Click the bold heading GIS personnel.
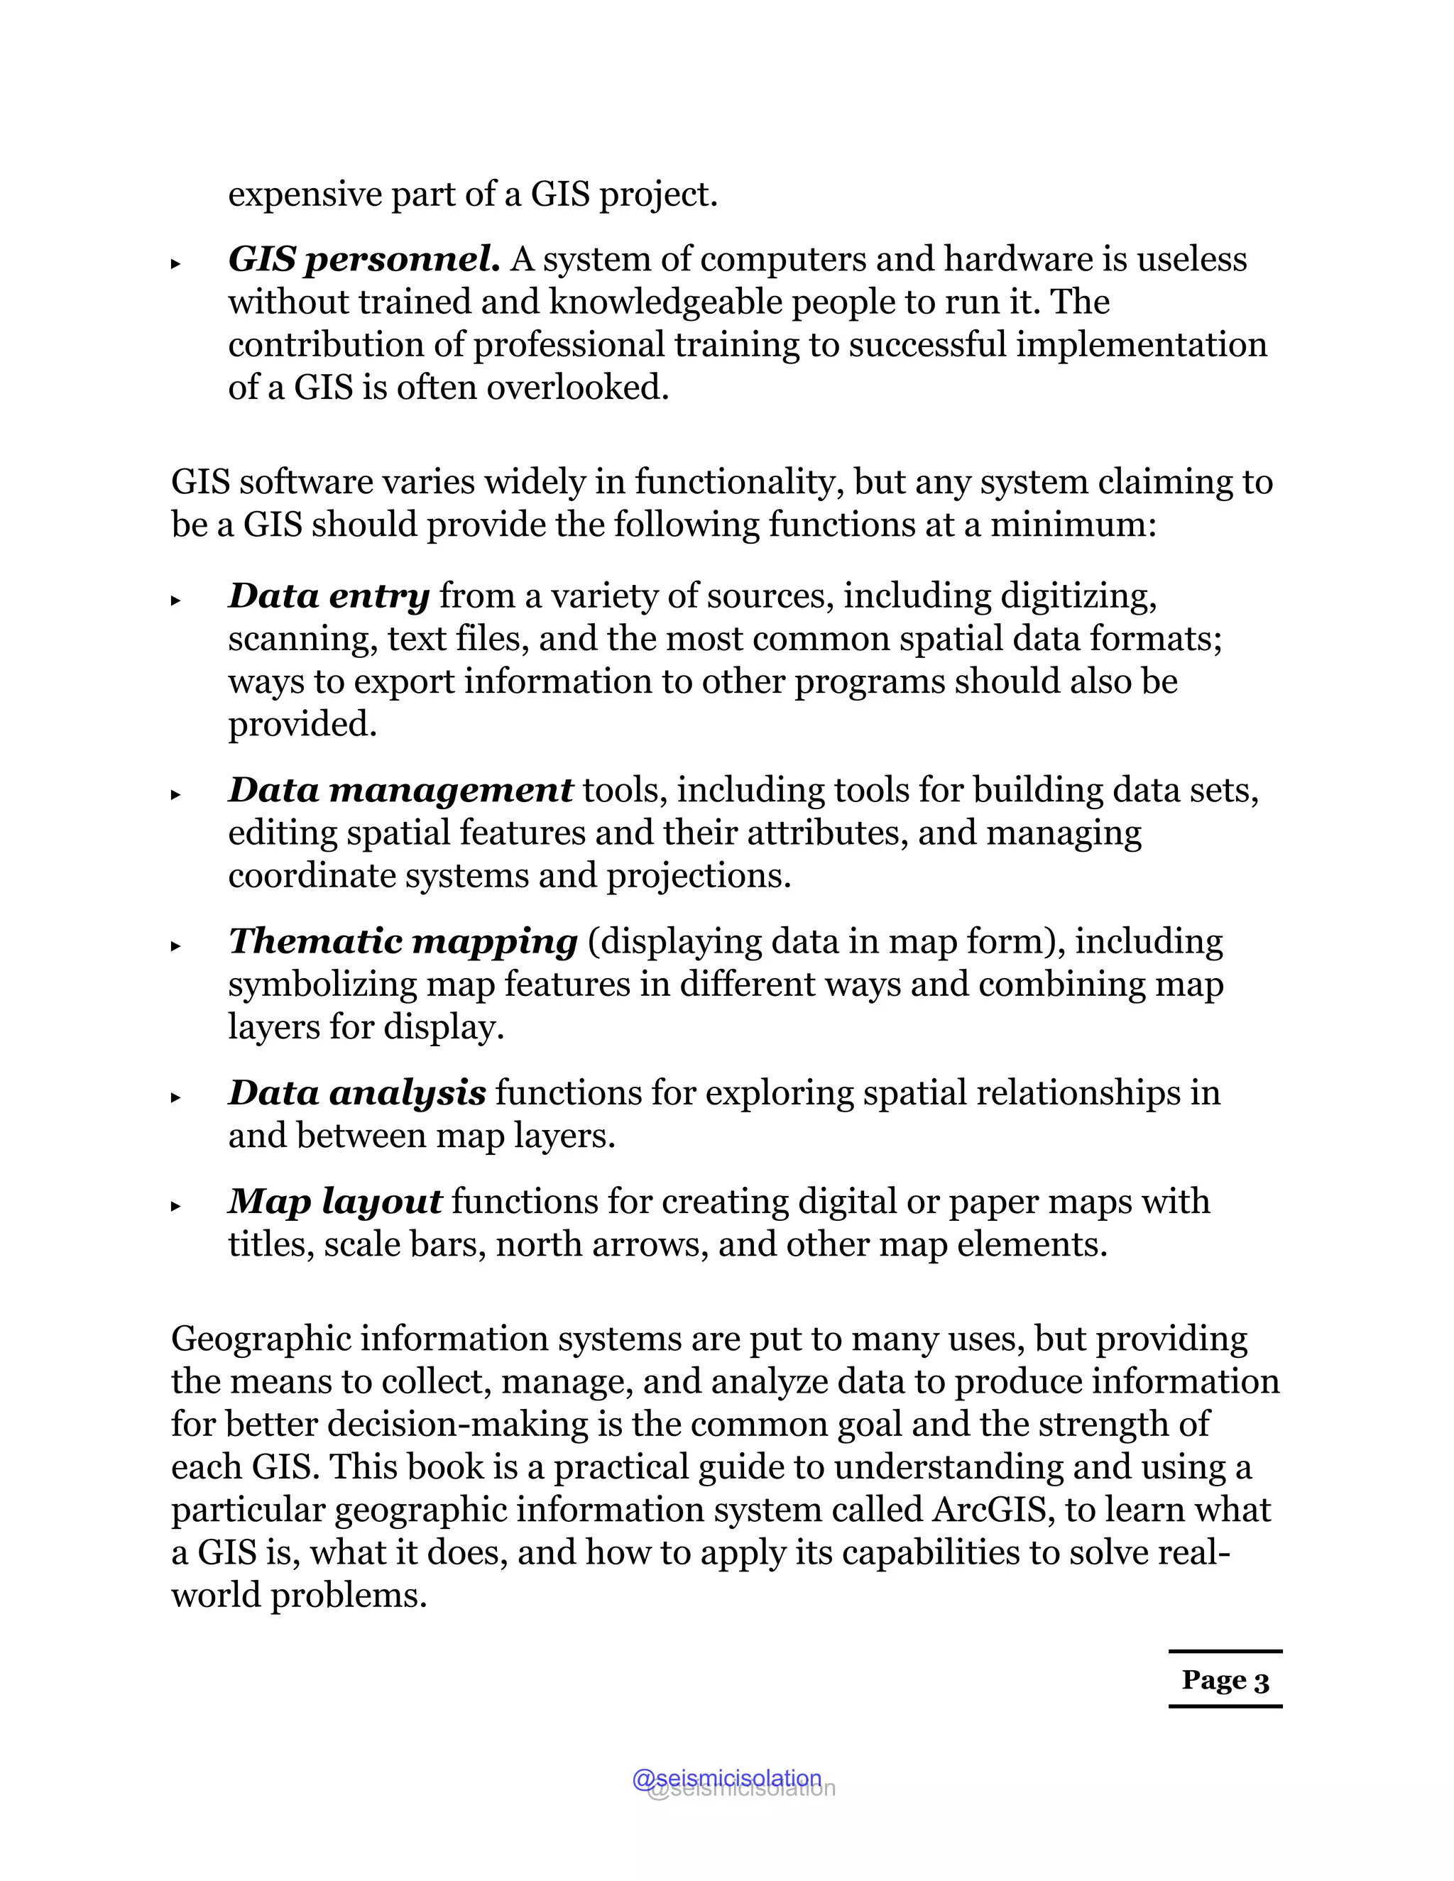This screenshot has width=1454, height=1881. pos(363,259)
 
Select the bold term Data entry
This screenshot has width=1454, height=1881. pos(328,596)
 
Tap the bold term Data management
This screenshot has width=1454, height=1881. pos(400,791)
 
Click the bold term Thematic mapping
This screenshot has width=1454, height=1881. pos(403,941)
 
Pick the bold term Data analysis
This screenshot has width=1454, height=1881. pos(356,1093)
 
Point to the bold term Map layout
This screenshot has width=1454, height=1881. pos(335,1202)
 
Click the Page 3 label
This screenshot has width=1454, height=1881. pos(1225,1680)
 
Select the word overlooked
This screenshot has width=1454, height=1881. pos(577,388)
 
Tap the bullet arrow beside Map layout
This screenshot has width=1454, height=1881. pos(176,1206)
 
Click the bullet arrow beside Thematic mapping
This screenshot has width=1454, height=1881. pos(176,945)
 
